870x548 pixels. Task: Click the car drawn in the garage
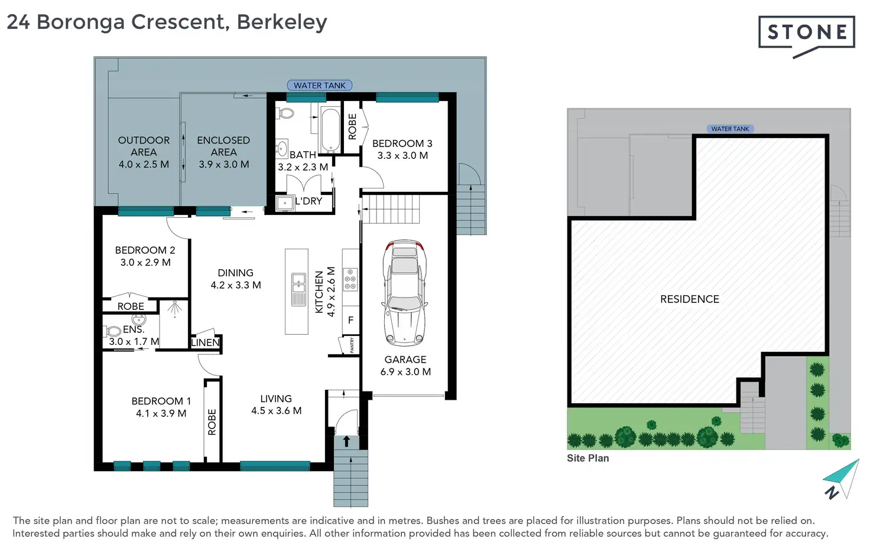tap(404, 293)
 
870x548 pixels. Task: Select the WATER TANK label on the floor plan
tap(319, 86)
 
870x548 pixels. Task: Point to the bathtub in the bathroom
tap(330, 131)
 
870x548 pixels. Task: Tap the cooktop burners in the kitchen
tap(350, 279)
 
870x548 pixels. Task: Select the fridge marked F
tap(350, 320)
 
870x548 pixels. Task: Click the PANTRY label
tap(352, 345)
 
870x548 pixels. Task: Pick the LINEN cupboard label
tap(205, 342)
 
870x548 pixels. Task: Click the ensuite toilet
tap(112, 331)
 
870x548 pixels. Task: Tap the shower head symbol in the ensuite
tap(174, 308)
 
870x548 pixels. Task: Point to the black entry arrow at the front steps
tap(346, 441)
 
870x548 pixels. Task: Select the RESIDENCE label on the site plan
tap(690, 299)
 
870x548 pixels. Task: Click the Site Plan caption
tap(587, 458)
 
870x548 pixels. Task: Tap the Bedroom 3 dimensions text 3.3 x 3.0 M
tap(402, 155)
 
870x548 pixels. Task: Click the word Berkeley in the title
tap(282, 22)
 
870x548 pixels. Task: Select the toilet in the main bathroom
tap(285, 113)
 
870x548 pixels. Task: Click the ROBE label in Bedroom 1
tap(212, 422)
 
